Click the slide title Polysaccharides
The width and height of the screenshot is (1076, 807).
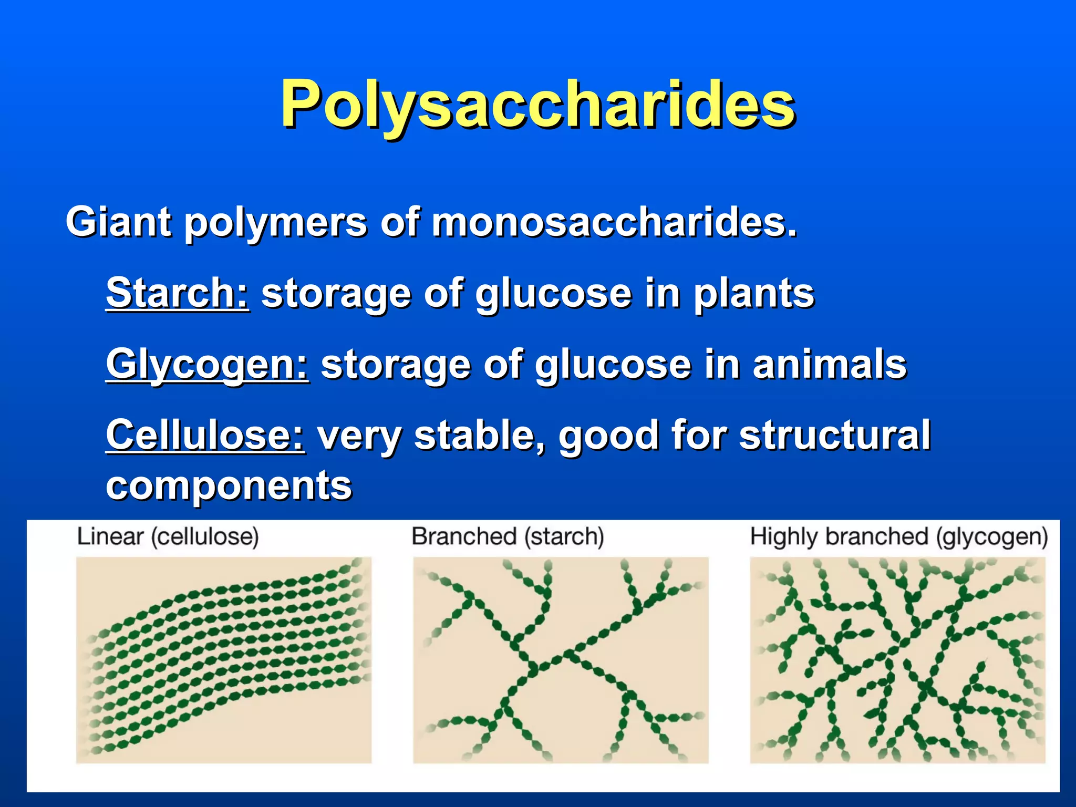(538, 104)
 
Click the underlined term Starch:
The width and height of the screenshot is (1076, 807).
(177, 293)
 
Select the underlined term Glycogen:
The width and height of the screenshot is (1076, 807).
(207, 364)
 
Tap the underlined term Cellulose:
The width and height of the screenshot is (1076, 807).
(205, 435)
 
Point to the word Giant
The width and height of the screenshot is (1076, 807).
(118, 222)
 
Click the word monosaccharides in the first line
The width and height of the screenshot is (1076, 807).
(614, 222)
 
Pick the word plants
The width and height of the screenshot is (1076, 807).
(754, 293)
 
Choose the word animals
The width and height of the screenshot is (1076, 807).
(830, 364)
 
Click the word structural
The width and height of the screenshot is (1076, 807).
(835, 435)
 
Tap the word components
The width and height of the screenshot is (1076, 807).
(229, 485)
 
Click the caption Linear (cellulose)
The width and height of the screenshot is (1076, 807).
(168, 537)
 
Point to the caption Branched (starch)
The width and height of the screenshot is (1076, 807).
(508, 537)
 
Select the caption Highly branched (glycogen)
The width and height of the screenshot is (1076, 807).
(898, 537)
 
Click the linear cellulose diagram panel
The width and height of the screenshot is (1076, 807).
(224, 660)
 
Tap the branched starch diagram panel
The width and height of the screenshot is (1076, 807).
(561, 660)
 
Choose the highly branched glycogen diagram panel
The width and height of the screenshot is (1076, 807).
(897, 660)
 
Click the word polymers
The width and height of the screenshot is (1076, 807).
(275, 223)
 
